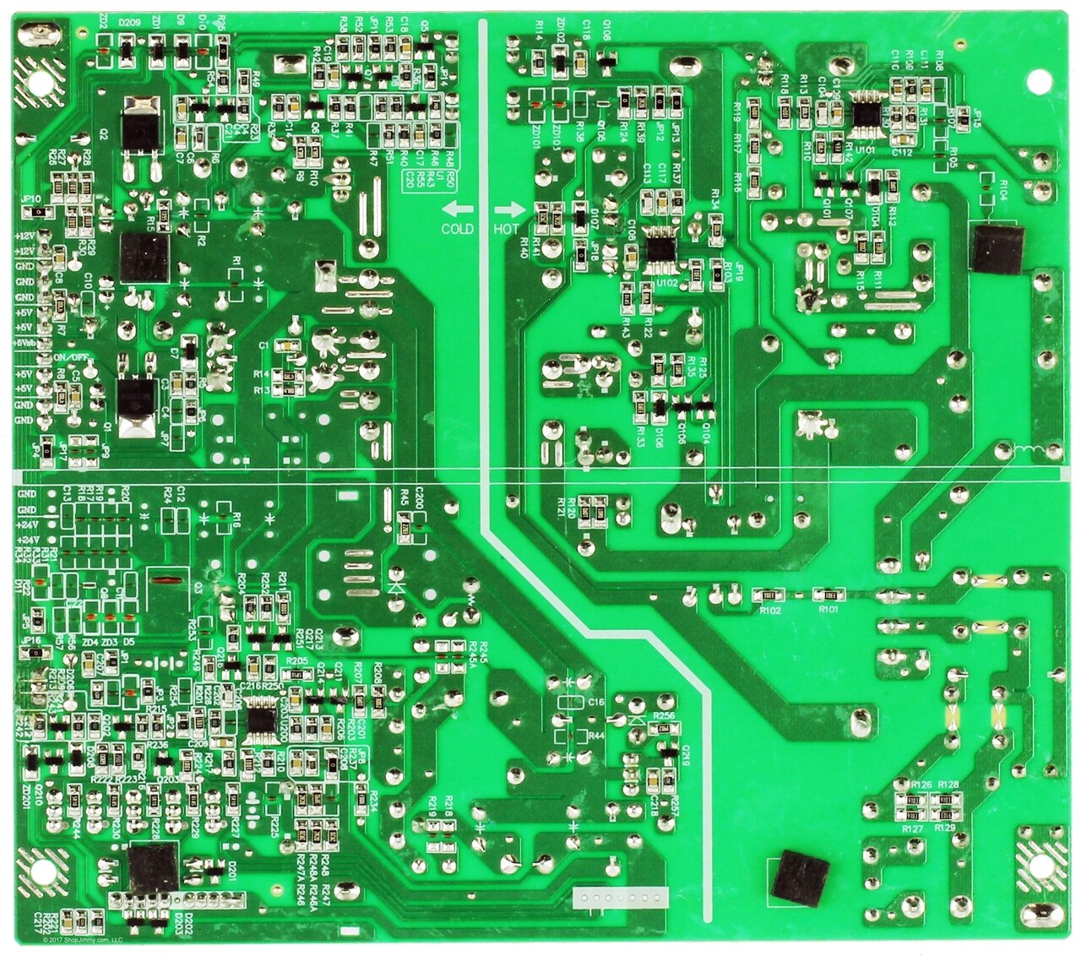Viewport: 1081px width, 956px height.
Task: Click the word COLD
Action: [x=457, y=229]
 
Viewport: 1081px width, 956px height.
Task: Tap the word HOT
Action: [x=507, y=229]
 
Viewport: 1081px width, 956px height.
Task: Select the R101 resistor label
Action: [x=828, y=609]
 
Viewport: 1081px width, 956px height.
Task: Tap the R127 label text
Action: [x=912, y=829]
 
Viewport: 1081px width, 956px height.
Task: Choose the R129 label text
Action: [x=945, y=829]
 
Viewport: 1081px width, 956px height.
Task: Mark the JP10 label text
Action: [x=32, y=199]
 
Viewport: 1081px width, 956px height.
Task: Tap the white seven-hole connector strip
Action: [x=620, y=898]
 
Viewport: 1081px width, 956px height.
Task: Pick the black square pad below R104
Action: [x=997, y=248]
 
